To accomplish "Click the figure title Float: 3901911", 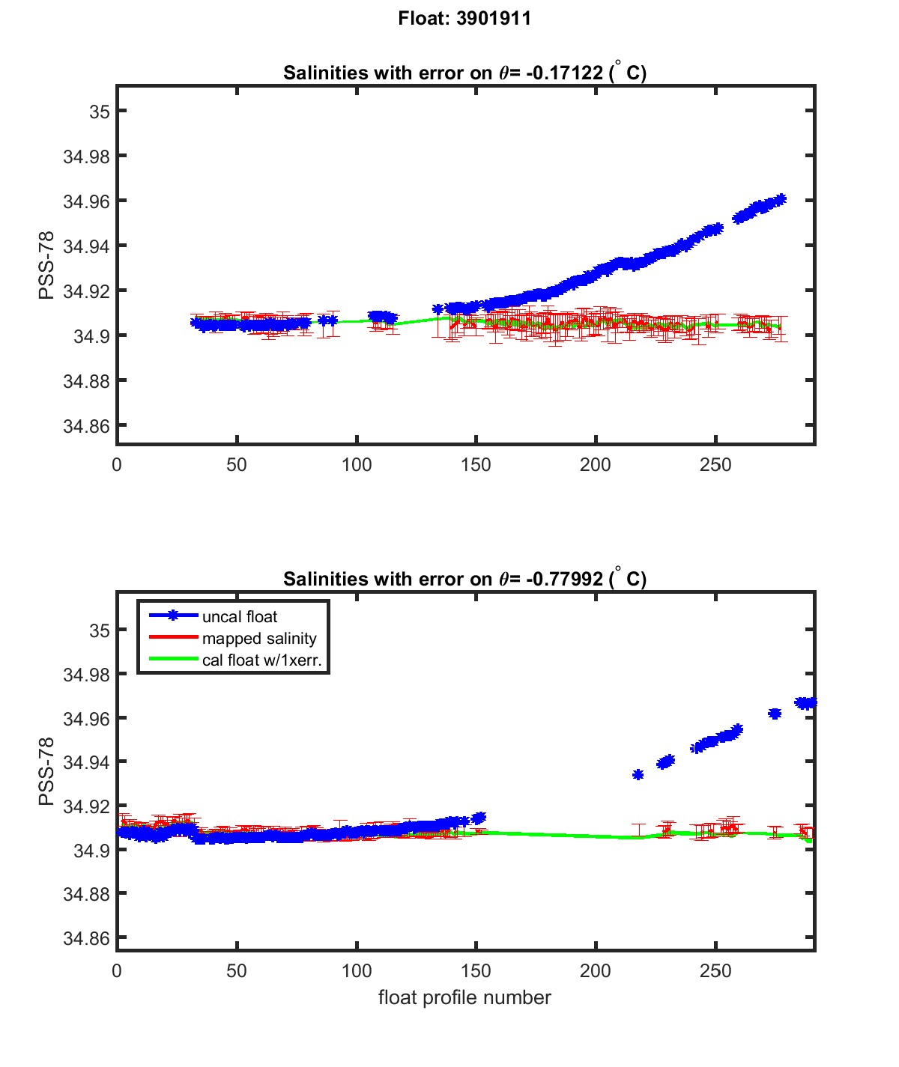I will [464, 19].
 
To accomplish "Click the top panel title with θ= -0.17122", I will [464, 73].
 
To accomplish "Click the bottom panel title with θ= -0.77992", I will [464, 579].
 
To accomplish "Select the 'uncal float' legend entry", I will [240, 617].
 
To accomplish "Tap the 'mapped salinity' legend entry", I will [259, 639].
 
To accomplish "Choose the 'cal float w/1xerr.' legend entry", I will [267, 660].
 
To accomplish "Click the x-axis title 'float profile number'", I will [464, 997].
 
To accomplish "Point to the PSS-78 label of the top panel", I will [46, 265].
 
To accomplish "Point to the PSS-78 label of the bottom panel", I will [46, 771].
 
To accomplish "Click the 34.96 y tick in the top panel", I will [85, 201].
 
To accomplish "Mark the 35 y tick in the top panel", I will [100, 112].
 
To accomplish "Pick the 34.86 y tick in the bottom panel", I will [85, 938].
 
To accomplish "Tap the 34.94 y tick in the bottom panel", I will [85, 762].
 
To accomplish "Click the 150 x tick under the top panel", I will [476, 465].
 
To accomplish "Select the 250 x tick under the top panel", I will [715, 465].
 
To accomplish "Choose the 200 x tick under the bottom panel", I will [596, 971].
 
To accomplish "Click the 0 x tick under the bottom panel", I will [117, 971].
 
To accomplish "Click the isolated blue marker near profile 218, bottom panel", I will [638, 774].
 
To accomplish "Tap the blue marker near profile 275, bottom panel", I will [775, 714].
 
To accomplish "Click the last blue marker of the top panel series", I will [781, 199].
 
